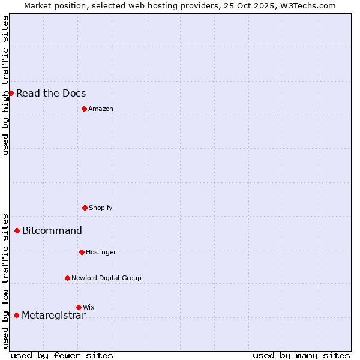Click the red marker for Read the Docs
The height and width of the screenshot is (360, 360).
click(x=11, y=93)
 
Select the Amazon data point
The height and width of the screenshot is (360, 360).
click(x=84, y=109)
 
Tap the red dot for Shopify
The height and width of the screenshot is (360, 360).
click(x=85, y=208)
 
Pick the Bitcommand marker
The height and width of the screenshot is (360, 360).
click(x=17, y=230)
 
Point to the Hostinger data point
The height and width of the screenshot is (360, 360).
click(x=82, y=252)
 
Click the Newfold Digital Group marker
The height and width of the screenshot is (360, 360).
click(x=67, y=278)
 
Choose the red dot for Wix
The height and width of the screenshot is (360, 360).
click(x=79, y=307)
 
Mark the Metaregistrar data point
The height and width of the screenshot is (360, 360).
click(x=16, y=315)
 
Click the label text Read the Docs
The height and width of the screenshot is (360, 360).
click(x=51, y=93)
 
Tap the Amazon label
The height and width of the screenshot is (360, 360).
click(x=101, y=109)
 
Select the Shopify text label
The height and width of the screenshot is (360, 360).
click(x=101, y=208)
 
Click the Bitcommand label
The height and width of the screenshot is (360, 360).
click(x=52, y=230)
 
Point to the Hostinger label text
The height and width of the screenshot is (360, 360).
click(x=101, y=252)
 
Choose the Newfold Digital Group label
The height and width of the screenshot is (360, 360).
click(x=106, y=278)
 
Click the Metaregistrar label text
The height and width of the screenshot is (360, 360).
click(x=53, y=315)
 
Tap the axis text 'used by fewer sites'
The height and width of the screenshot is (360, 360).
click(x=62, y=355)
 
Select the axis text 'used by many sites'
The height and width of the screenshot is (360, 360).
click(x=301, y=355)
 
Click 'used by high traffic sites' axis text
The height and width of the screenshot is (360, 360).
click(x=5, y=85)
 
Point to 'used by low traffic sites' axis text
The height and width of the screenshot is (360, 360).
click(x=5, y=281)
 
